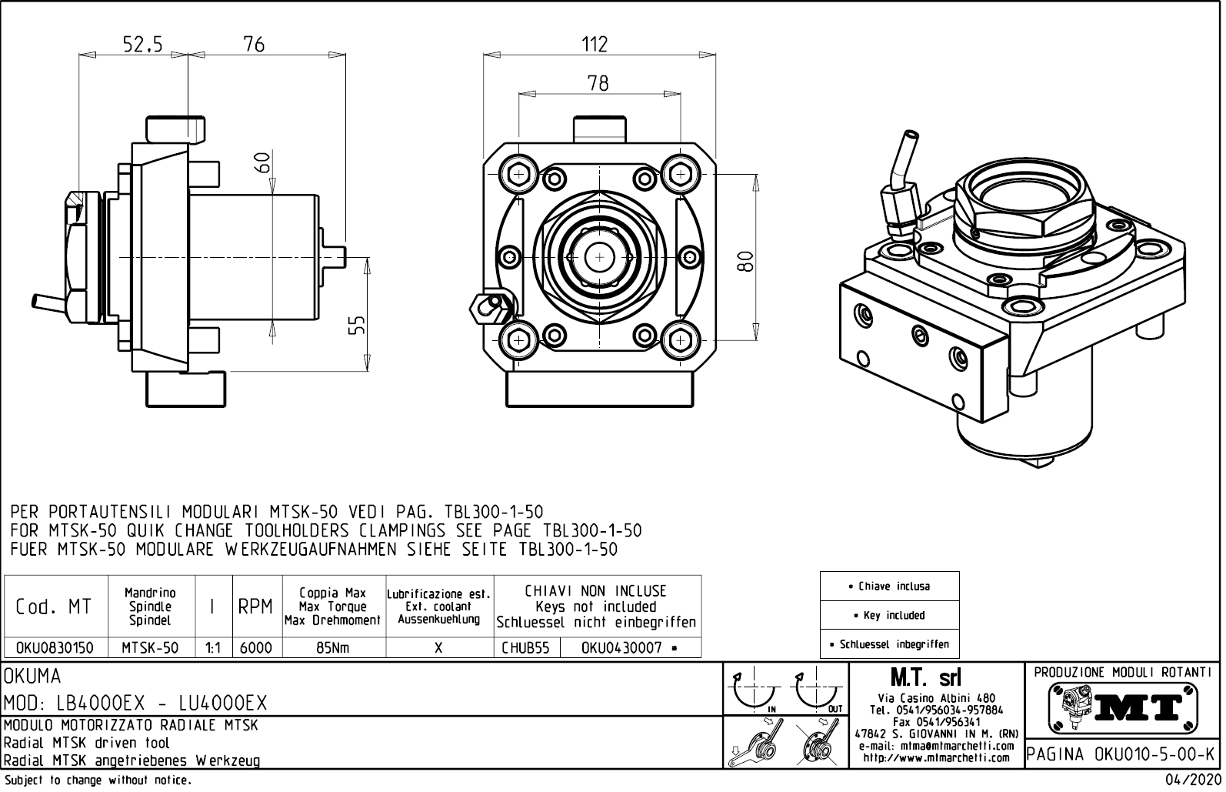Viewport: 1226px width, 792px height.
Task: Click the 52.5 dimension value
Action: (142, 45)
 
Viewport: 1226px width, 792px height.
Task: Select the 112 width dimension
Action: (594, 45)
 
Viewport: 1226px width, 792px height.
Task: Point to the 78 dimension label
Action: (598, 83)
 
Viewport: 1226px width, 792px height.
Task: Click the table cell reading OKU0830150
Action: (55, 648)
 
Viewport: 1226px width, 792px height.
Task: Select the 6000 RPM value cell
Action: (256, 648)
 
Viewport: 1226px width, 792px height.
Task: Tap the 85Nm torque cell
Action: (333, 648)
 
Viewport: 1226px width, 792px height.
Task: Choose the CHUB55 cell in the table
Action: (526, 648)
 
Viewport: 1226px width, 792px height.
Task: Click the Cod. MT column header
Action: (55, 607)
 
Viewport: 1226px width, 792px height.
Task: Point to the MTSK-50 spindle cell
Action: (150, 648)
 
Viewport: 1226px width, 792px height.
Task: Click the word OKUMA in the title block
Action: (33, 677)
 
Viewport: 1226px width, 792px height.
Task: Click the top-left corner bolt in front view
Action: (518, 174)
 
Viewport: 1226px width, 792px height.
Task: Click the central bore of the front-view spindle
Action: (598, 256)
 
